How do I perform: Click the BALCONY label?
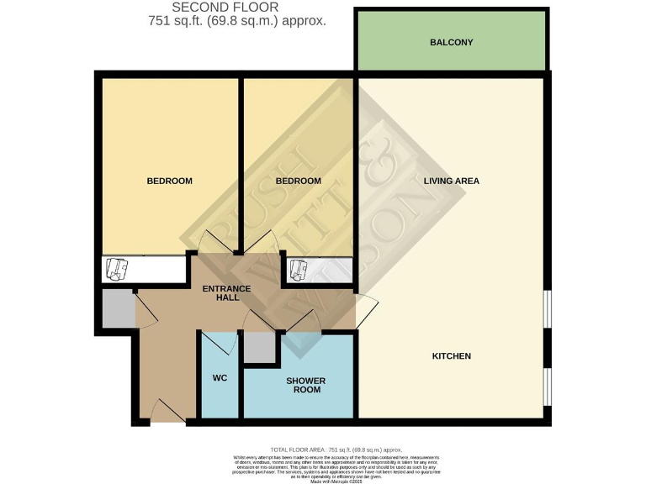point(452,42)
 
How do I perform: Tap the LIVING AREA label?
point(451,181)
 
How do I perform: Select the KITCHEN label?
point(451,356)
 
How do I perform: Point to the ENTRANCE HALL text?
point(227,294)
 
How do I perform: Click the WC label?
point(220,378)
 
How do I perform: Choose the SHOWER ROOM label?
point(304,386)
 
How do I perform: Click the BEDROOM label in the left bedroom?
point(169,181)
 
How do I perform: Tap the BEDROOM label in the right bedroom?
point(299,181)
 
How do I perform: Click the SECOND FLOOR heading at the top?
point(225,8)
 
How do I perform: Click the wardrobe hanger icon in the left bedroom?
point(119,269)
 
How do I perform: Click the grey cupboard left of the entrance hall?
point(116,310)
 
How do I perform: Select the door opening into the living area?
point(367,311)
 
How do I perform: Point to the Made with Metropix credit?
point(334,481)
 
